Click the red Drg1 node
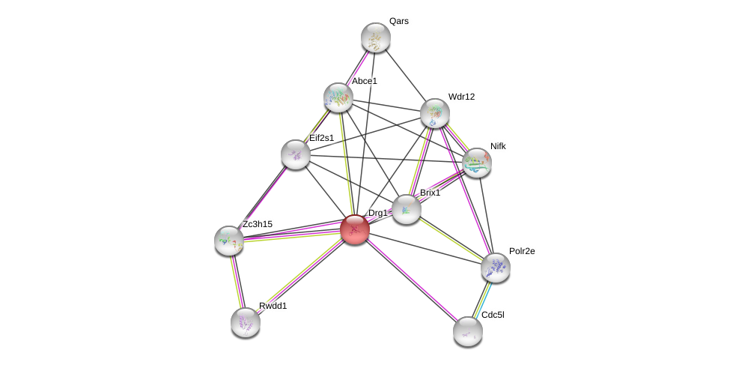click(354, 229)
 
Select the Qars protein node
click(375, 37)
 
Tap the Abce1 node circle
click(338, 97)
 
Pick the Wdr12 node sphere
click(434, 113)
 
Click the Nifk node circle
click(476, 163)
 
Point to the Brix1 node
click(406, 209)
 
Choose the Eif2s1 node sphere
click(296, 154)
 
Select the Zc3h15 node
click(229, 240)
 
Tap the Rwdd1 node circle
click(245, 322)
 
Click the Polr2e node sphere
click(495, 267)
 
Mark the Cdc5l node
click(467, 331)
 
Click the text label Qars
click(399, 21)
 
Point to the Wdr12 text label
click(461, 97)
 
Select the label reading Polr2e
click(522, 251)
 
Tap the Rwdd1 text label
click(273, 306)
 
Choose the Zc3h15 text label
click(258, 223)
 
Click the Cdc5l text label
click(493, 315)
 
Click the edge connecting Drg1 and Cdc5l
click(411, 280)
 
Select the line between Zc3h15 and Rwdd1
click(237, 281)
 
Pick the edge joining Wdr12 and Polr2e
click(464, 190)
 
